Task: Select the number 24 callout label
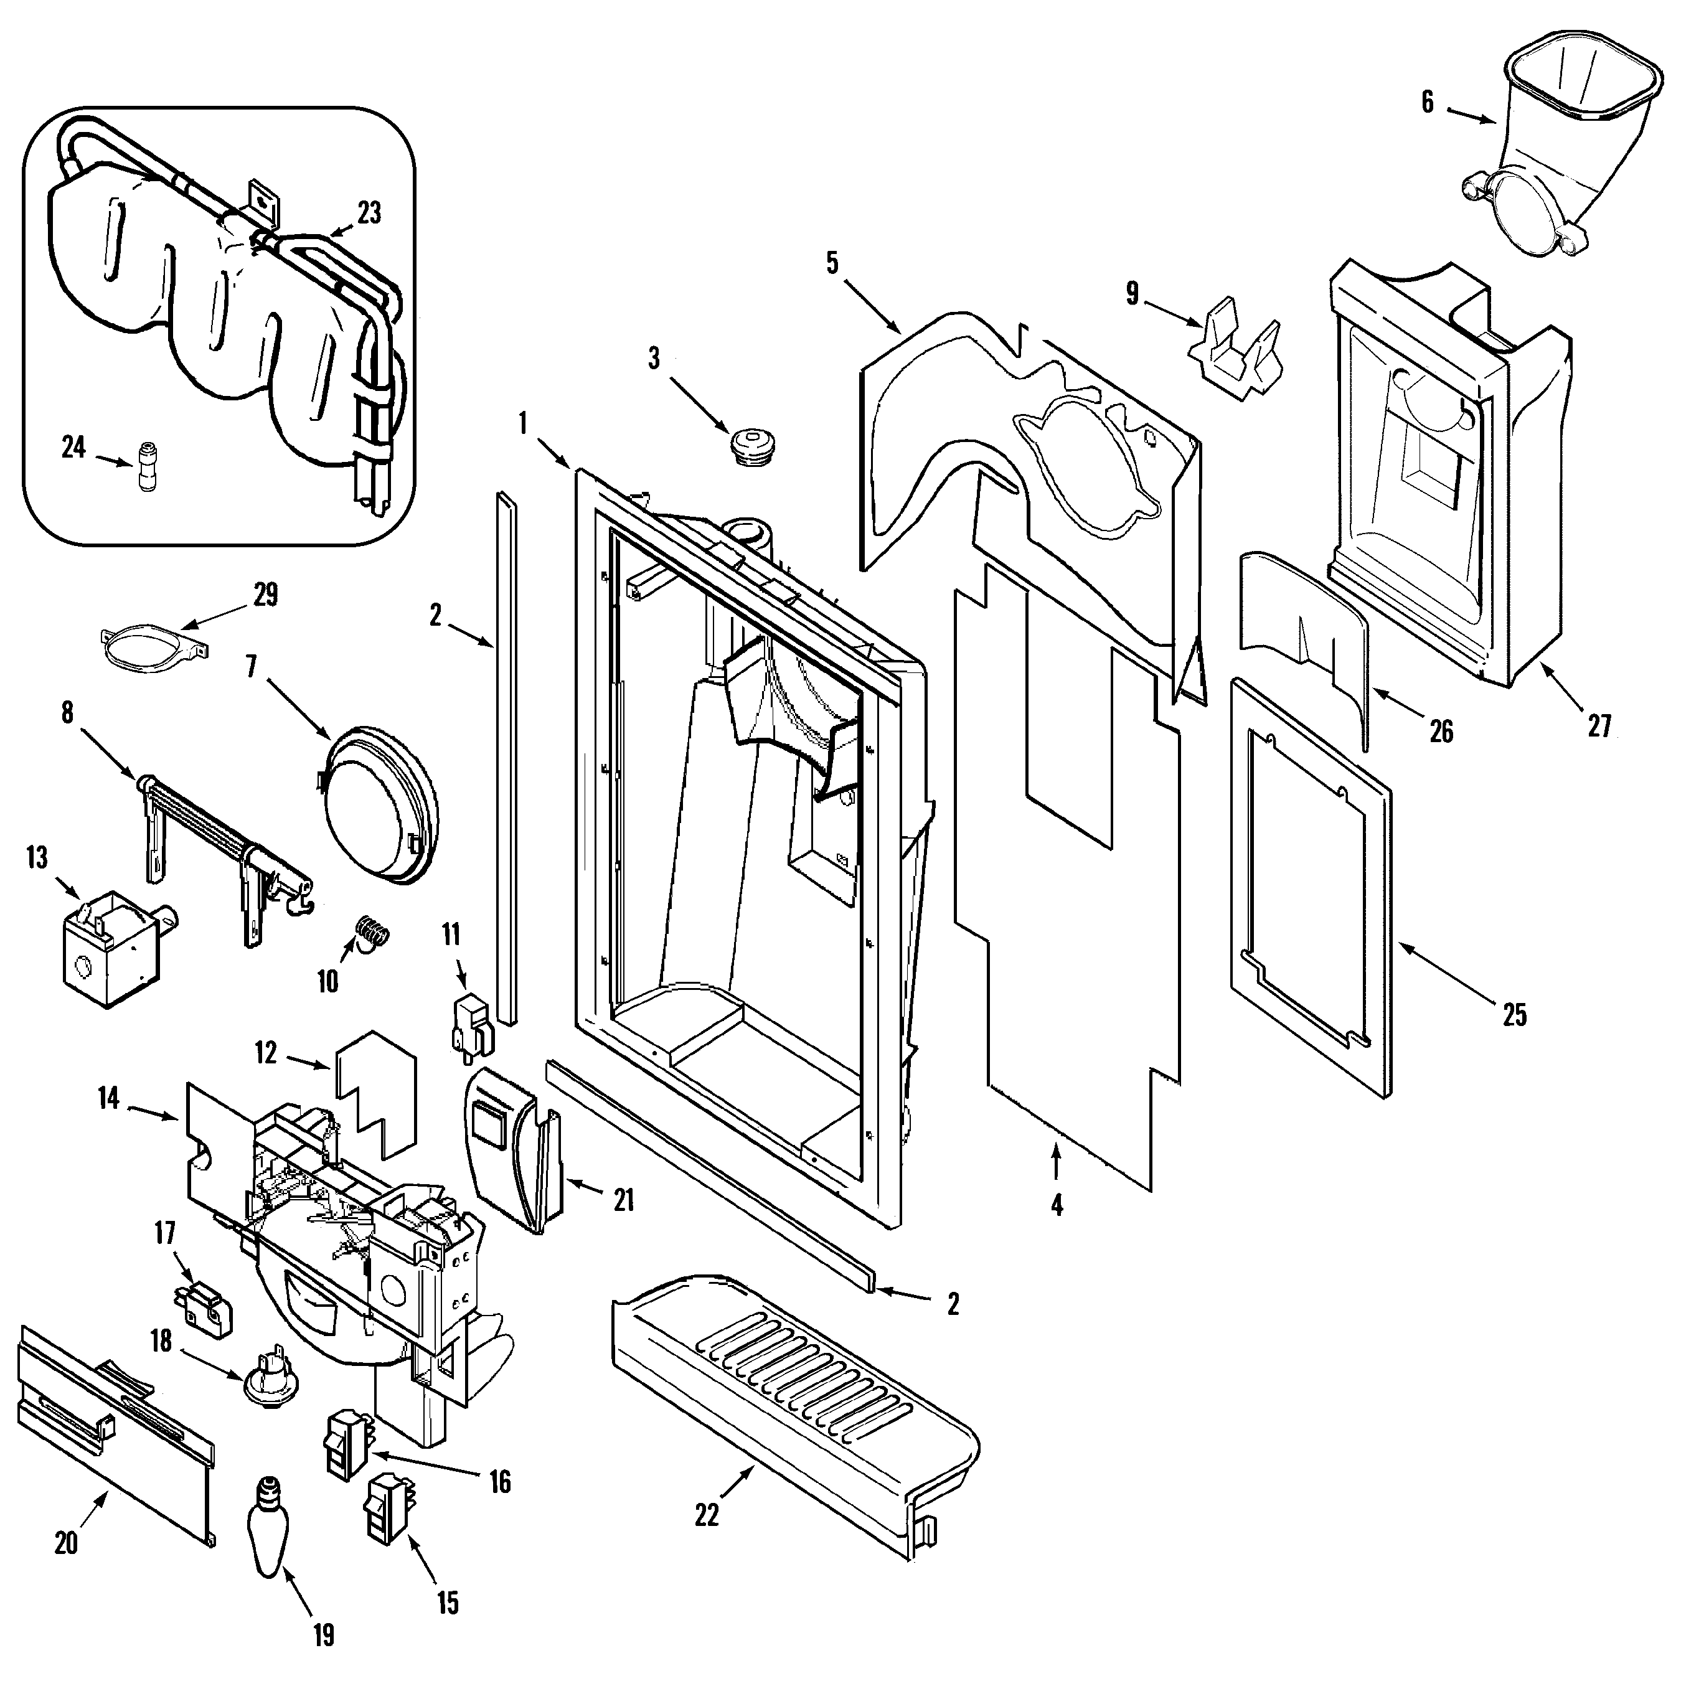coord(74,447)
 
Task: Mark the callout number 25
coord(1515,1015)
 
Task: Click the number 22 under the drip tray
coord(707,1515)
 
